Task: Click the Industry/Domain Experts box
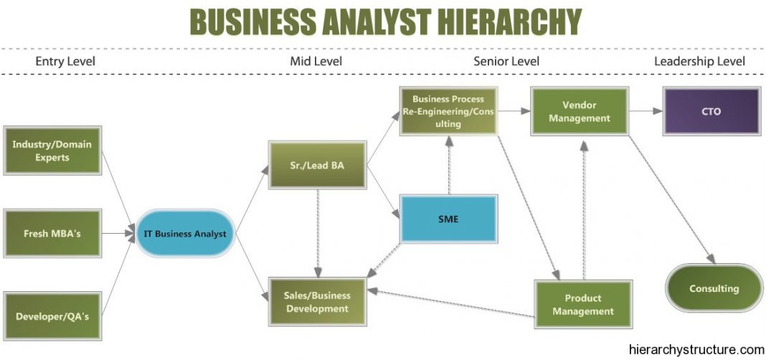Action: tap(52, 151)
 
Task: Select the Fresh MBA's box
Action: tap(52, 234)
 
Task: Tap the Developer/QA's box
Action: tap(52, 316)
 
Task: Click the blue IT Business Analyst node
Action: tap(184, 234)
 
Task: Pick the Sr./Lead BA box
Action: tap(316, 165)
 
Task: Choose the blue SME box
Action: tap(449, 217)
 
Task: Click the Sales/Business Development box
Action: tap(316, 302)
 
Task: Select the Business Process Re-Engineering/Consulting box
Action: tap(448, 111)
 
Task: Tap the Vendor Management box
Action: tap(580, 111)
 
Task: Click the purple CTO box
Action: tap(710, 111)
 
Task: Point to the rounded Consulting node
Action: tap(714, 288)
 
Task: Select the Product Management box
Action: tap(583, 304)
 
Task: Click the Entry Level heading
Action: tap(65, 61)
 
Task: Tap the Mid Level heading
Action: tap(316, 61)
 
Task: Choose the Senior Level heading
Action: tap(506, 61)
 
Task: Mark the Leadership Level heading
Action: tap(699, 61)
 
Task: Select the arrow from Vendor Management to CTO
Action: tap(645, 111)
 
